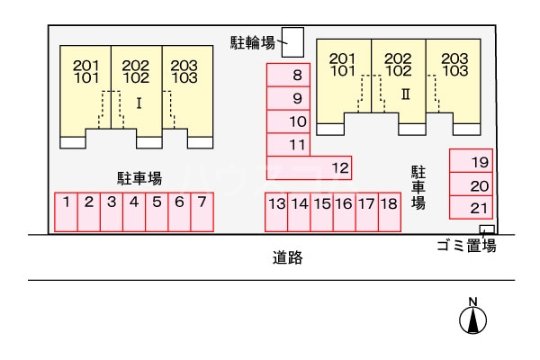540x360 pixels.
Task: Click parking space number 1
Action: tap(67, 212)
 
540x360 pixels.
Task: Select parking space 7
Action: tap(202, 212)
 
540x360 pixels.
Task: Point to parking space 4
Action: tap(133, 212)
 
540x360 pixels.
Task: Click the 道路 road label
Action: tap(287, 258)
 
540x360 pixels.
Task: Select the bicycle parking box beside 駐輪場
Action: tap(293, 40)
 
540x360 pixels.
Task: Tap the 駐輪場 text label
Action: tap(253, 40)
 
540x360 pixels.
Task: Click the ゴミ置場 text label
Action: tap(465, 246)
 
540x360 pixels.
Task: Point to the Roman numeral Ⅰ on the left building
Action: tap(139, 103)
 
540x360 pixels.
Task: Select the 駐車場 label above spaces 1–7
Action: tap(139, 177)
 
